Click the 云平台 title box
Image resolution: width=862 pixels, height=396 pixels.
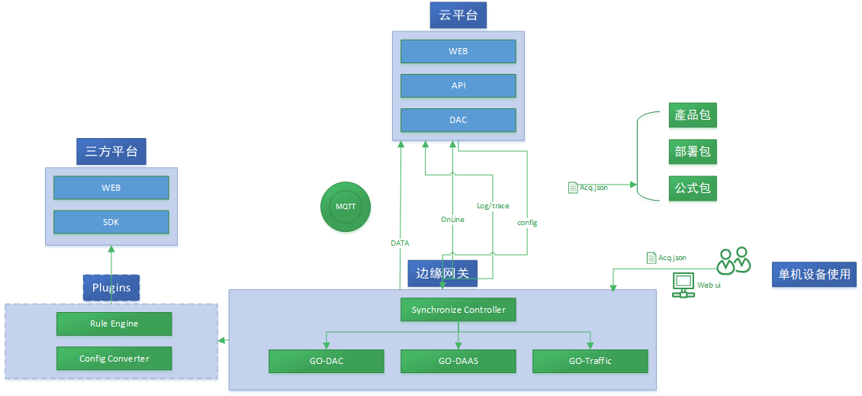[458, 15]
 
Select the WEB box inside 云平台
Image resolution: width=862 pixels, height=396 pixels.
[458, 51]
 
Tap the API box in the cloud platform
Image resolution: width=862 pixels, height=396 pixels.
[458, 85]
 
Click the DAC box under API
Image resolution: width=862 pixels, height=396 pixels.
[458, 120]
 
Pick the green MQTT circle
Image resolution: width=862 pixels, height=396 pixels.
[346, 207]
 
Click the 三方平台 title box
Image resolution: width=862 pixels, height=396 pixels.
[111, 151]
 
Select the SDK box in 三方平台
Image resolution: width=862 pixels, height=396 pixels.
[111, 222]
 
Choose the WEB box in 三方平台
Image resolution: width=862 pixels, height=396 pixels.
[111, 188]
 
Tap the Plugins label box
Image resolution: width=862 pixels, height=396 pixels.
[111, 288]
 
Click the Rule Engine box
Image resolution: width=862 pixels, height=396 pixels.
[114, 324]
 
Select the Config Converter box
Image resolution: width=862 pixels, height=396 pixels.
[114, 359]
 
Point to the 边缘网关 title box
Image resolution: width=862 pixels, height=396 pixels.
[442, 272]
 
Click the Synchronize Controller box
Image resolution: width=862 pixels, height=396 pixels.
[458, 310]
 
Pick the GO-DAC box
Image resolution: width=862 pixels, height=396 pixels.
[326, 361]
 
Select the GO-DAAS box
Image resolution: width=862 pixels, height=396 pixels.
[458, 361]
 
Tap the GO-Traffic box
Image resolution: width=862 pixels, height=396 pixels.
[590, 361]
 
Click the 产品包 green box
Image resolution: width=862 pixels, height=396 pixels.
[693, 116]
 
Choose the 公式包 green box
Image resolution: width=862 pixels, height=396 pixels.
[693, 188]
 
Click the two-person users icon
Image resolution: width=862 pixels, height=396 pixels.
[734, 262]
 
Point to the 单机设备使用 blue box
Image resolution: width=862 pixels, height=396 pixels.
[814, 274]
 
